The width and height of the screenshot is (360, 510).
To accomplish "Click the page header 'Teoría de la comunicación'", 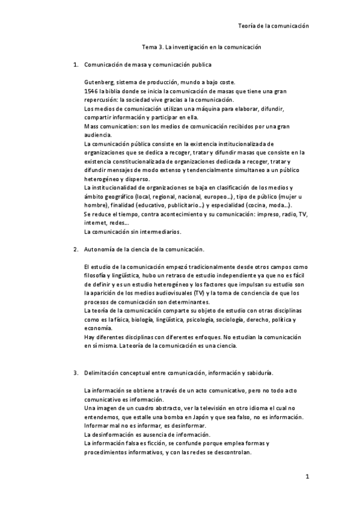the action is [x=273, y=26].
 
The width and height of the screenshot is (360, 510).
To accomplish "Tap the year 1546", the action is [x=91, y=91].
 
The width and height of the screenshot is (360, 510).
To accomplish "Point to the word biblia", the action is [x=117, y=91].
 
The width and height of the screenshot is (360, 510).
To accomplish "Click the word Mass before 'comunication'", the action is [x=92, y=126].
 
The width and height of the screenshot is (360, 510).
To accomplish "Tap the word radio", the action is [x=273, y=214].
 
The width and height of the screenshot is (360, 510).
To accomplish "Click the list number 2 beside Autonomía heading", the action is [x=75, y=249].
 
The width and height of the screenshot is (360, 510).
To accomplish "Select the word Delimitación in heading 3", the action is [x=104, y=373].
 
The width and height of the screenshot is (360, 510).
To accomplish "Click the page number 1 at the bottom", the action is [x=307, y=478].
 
